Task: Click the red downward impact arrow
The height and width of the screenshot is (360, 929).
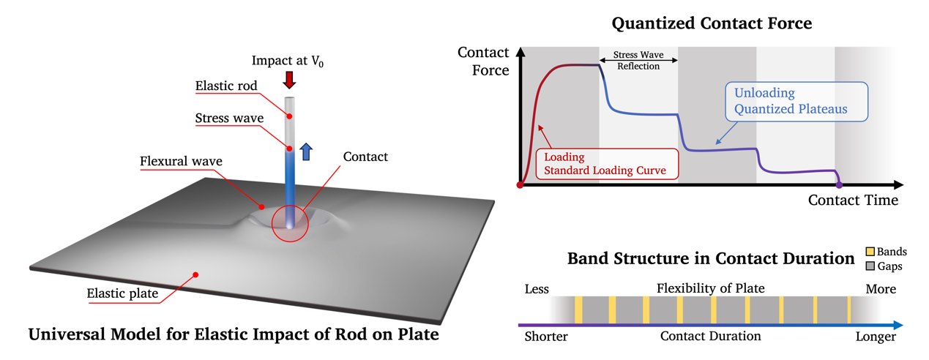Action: coord(289,79)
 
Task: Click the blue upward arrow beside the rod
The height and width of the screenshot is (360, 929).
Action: coord(306,151)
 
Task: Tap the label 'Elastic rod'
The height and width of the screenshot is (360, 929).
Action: coord(226,86)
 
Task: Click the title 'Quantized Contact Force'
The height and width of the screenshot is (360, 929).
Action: coord(712,23)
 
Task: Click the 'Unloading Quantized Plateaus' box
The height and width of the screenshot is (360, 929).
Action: coord(796,102)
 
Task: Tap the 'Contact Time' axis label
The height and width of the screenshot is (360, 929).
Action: coord(853,200)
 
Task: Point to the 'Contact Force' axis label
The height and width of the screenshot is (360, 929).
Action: coord(483,61)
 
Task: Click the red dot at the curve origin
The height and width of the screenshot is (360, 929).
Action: coord(520,185)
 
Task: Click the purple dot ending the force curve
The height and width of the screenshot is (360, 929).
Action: coord(839,184)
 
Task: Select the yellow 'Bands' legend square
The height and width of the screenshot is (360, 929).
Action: coord(870,252)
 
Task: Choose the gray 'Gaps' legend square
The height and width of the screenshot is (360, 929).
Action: coord(870,266)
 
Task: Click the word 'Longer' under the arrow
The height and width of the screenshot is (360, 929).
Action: coord(876,337)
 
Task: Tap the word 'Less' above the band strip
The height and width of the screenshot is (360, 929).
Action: coord(537,288)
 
